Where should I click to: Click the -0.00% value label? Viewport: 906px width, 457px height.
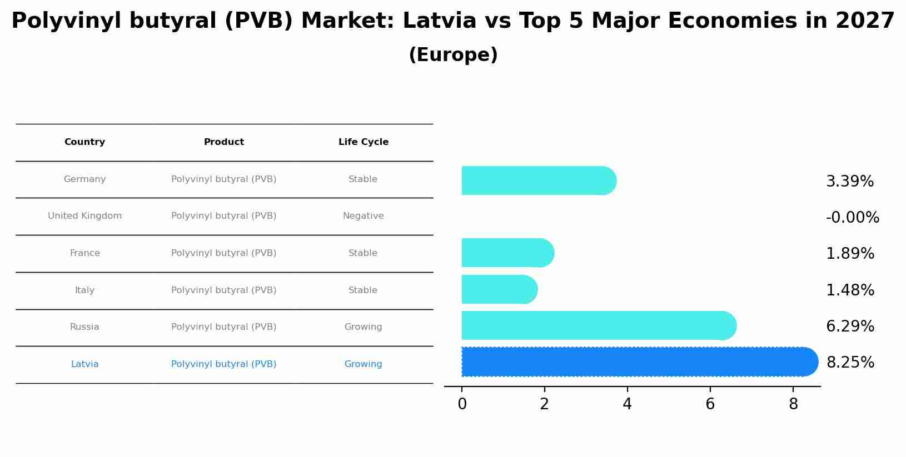tap(852, 218)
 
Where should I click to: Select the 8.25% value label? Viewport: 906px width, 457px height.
tap(850, 363)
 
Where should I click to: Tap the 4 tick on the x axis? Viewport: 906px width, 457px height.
tap(627, 404)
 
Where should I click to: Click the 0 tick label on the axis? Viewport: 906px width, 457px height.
tap(462, 404)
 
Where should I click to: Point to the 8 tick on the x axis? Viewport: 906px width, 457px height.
tap(793, 404)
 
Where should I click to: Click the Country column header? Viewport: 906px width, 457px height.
tap(84, 142)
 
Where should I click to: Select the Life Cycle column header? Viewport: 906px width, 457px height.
tap(363, 142)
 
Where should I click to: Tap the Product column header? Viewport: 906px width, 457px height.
tap(223, 142)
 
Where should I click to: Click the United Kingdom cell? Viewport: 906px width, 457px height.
tap(84, 216)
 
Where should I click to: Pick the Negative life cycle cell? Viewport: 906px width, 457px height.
tap(363, 216)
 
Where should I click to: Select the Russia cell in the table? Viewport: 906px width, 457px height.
tap(84, 327)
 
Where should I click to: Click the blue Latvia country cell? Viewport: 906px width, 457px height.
tap(84, 364)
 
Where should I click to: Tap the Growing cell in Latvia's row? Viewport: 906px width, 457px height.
tap(363, 364)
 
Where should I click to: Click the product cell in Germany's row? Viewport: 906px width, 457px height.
tap(223, 179)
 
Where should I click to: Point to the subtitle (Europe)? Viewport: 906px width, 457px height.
tap(453, 55)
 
